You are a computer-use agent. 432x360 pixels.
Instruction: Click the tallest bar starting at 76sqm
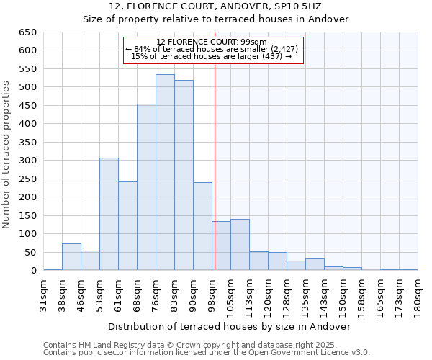pyautogui.click(x=165, y=173)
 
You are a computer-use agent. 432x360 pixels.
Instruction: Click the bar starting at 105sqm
pyautogui.click(x=240, y=245)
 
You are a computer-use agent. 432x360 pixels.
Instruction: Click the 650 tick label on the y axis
pyautogui.click(x=27, y=32)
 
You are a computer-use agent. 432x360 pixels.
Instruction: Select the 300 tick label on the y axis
pyautogui.click(x=27, y=161)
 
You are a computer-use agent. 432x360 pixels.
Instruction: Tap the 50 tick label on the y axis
pyautogui.click(x=30, y=253)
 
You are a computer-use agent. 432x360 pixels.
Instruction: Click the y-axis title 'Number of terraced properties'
pyautogui.click(x=7, y=155)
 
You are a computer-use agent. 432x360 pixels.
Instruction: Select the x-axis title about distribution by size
pyautogui.click(x=229, y=326)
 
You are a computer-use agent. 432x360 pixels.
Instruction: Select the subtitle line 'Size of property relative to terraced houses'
pyautogui.click(x=215, y=19)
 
